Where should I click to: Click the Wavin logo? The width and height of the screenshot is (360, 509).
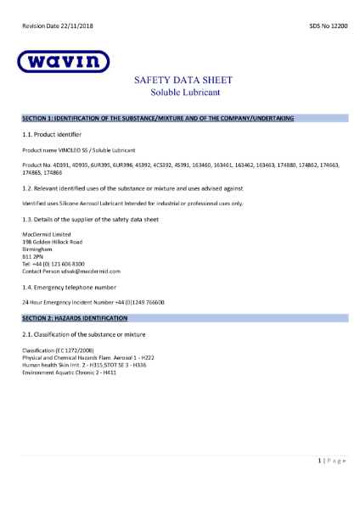click(x=63, y=62)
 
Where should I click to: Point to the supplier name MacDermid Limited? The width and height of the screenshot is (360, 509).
click(x=46, y=233)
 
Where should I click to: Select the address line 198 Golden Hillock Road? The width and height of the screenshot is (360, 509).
click(x=52, y=241)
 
